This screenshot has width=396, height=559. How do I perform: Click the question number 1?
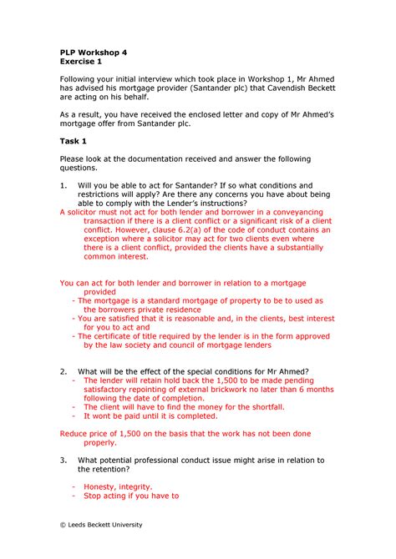(63, 184)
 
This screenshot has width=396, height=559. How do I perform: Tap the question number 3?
(63, 460)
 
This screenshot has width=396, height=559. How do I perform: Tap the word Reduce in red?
(77, 433)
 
